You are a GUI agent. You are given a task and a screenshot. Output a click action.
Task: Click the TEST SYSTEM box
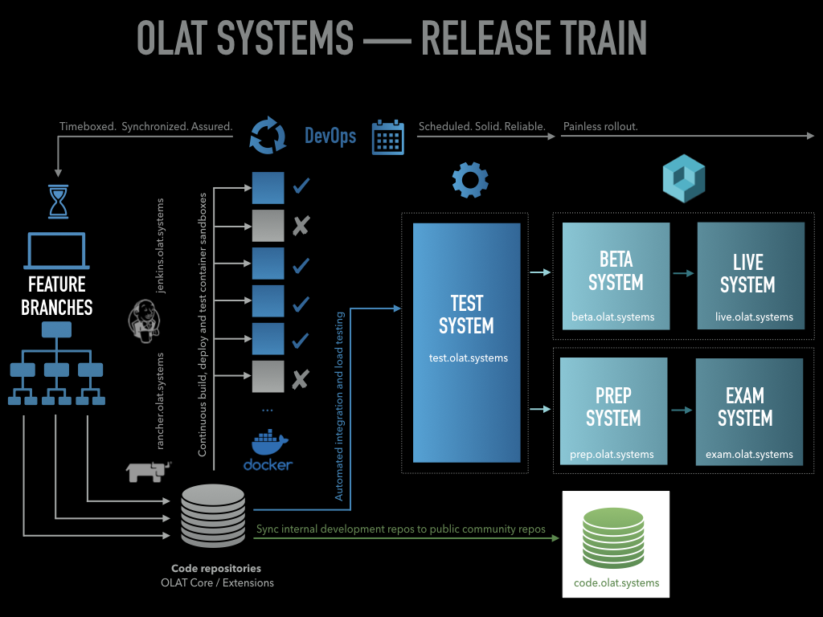[467, 342]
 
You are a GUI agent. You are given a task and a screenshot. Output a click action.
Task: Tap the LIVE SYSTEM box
[750, 276]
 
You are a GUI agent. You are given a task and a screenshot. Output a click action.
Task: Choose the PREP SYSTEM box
[613, 411]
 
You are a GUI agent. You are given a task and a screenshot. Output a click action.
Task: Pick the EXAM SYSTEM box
[749, 411]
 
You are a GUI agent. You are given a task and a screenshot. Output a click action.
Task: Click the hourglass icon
[59, 202]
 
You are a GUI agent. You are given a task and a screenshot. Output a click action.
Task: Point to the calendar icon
[387, 137]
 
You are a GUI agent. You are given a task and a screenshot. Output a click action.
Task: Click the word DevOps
[330, 136]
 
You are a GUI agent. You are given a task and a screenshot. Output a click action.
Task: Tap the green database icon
[616, 545]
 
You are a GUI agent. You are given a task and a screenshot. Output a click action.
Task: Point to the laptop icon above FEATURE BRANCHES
[56, 251]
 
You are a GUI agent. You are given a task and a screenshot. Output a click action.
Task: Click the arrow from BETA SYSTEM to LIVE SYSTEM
[683, 274]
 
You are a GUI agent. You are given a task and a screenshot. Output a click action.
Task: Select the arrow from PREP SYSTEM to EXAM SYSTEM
[682, 410]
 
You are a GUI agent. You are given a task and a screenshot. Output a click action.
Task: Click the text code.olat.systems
[616, 582]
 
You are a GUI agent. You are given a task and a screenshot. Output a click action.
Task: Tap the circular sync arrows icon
[268, 136]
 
